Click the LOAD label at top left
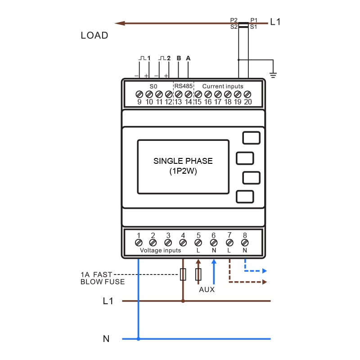pyautogui.click(x=94, y=36)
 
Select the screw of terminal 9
pyautogui.click(x=139, y=94)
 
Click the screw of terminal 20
pyautogui.click(x=247, y=94)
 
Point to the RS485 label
pyautogui.click(x=184, y=86)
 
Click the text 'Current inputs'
pyautogui.click(x=222, y=86)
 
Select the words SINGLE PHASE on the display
pyautogui.click(x=183, y=161)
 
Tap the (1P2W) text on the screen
pyautogui.click(x=183, y=171)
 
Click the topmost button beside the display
pyautogui.click(x=251, y=138)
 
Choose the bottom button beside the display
pyautogui.click(x=245, y=197)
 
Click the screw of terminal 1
pyautogui.click(x=139, y=243)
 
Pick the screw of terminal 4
pyautogui.click(x=183, y=243)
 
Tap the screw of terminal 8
pyautogui.click(x=245, y=243)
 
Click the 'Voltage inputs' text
pyautogui.click(x=160, y=250)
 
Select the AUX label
pyautogui.click(x=207, y=290)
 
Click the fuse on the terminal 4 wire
pyautogui.click(x=183, y=274)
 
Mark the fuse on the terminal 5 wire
pyautogui.click(x=198, y=274)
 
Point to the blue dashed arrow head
pyautogui.click(x=265, y=271)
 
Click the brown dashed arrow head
pyautogui.click(x=265, y=282)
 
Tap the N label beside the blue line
pyautogui.click(x=106, y=339)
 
